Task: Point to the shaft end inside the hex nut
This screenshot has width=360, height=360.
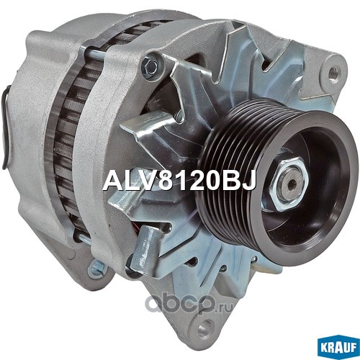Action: [291, 184]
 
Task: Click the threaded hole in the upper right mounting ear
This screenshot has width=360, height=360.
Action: [333, 71]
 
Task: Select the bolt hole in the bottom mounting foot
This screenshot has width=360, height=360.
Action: [204, 328]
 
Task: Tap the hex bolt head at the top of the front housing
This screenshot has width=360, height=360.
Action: [150, 63]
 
